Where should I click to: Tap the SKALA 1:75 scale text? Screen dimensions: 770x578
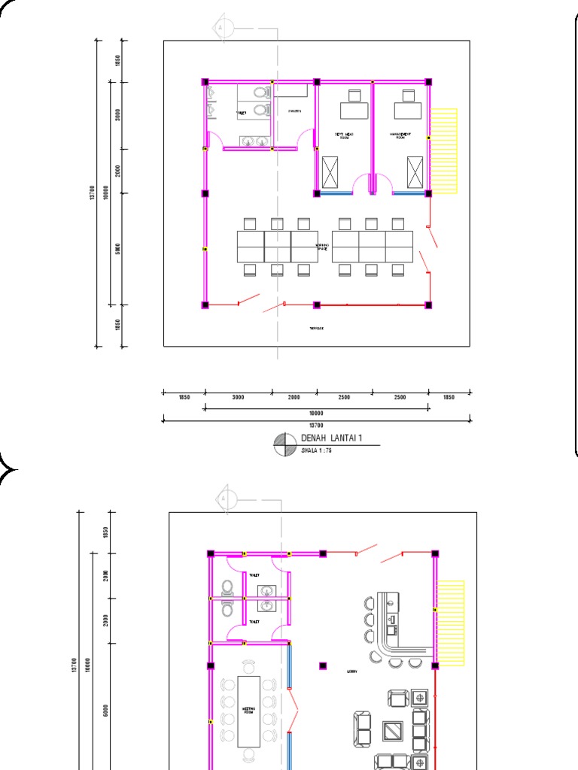316,450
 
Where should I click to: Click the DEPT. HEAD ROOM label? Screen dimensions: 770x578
344,136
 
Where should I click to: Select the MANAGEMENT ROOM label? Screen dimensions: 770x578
400,136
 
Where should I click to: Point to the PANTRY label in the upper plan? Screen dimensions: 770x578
294,112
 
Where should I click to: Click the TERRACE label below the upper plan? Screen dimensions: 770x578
316,329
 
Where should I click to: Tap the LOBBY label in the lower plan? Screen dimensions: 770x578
351,671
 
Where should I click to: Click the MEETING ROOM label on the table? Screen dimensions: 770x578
248,710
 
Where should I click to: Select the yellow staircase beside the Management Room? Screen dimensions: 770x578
444,151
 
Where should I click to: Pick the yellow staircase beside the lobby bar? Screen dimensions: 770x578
451,623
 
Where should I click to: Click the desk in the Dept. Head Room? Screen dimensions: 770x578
354,111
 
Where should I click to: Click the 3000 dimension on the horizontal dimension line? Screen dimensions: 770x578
238,397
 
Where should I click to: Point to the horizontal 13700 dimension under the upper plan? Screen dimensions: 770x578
316,425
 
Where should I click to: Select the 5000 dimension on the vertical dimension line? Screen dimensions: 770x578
118,249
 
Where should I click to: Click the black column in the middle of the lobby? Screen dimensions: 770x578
323,665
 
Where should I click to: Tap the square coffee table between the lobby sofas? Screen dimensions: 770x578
393,730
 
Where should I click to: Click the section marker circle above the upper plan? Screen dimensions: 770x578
222,27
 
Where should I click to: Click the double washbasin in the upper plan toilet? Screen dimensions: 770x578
255,140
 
